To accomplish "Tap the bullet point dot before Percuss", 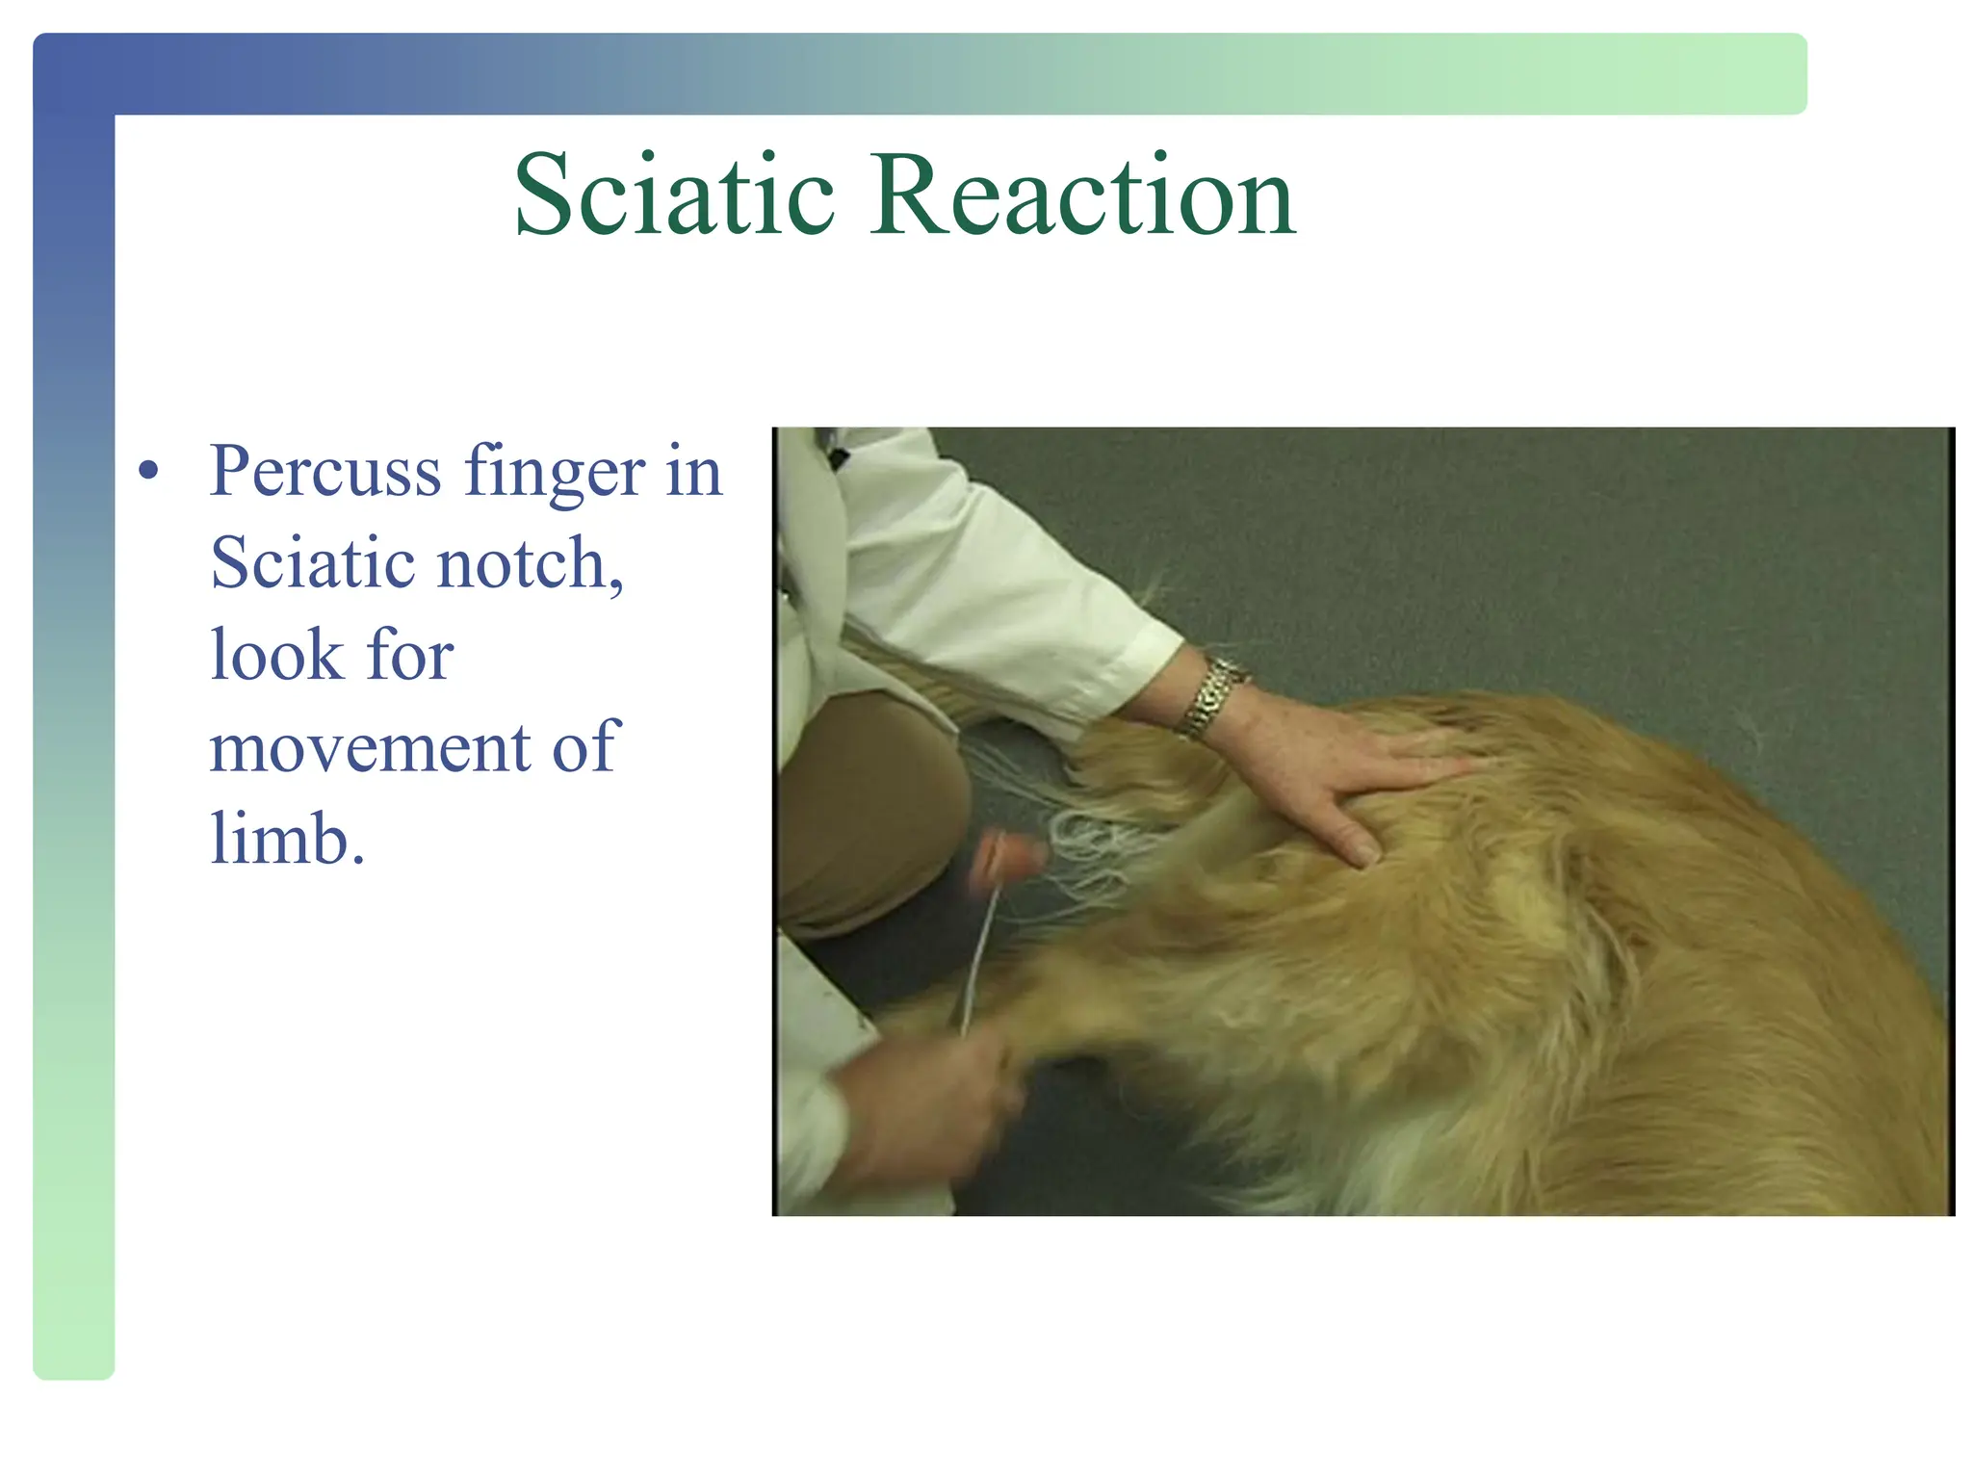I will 147,472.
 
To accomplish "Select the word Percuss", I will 325,472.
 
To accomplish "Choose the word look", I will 276,656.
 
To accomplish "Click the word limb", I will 286,839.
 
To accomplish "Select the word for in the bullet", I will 409,656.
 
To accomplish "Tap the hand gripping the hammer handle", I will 924,1107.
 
